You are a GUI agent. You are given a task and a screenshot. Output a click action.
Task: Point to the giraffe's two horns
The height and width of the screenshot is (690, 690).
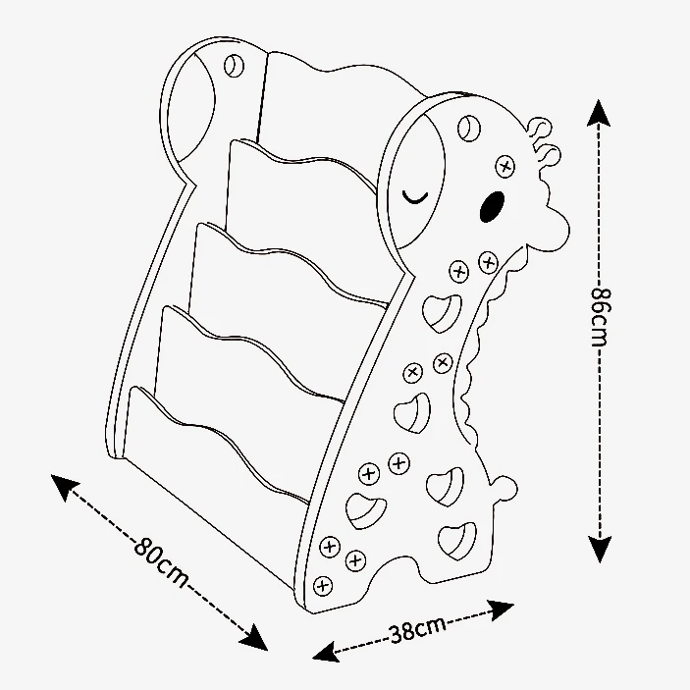coord(543,140)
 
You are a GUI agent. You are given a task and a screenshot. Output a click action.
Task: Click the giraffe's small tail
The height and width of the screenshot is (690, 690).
coord(503,488)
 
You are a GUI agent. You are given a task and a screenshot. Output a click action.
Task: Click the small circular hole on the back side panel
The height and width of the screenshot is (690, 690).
coord(233,66)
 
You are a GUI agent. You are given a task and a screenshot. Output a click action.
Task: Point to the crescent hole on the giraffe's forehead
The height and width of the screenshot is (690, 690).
coord(469,128)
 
